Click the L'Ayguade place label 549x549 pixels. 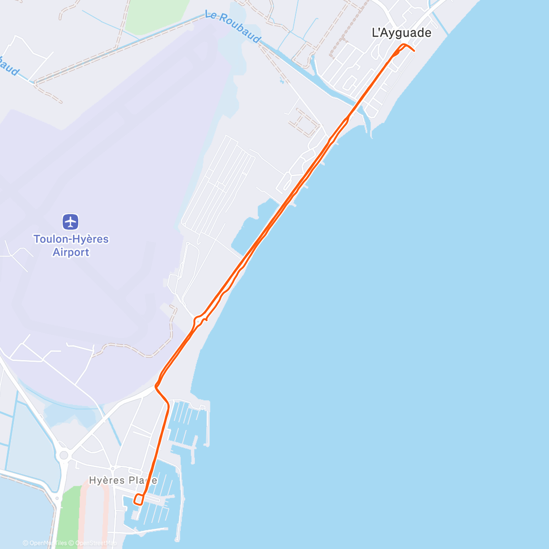point(401,32)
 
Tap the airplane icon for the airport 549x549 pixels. point(70,222)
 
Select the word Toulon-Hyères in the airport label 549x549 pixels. point(71,239)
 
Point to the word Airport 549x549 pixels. point(71,252)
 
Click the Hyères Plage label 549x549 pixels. point(123,480)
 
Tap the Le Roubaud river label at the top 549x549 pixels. point(232,27)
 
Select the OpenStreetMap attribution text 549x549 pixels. point(96,543)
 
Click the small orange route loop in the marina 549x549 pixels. point(139,499)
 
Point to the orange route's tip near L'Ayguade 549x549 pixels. point(414,50)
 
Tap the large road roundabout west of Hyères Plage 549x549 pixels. point(64,455)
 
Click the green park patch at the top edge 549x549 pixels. point(156,16)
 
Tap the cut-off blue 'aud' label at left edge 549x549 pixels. point(9,66)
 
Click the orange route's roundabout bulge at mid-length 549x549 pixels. point(199,320)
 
